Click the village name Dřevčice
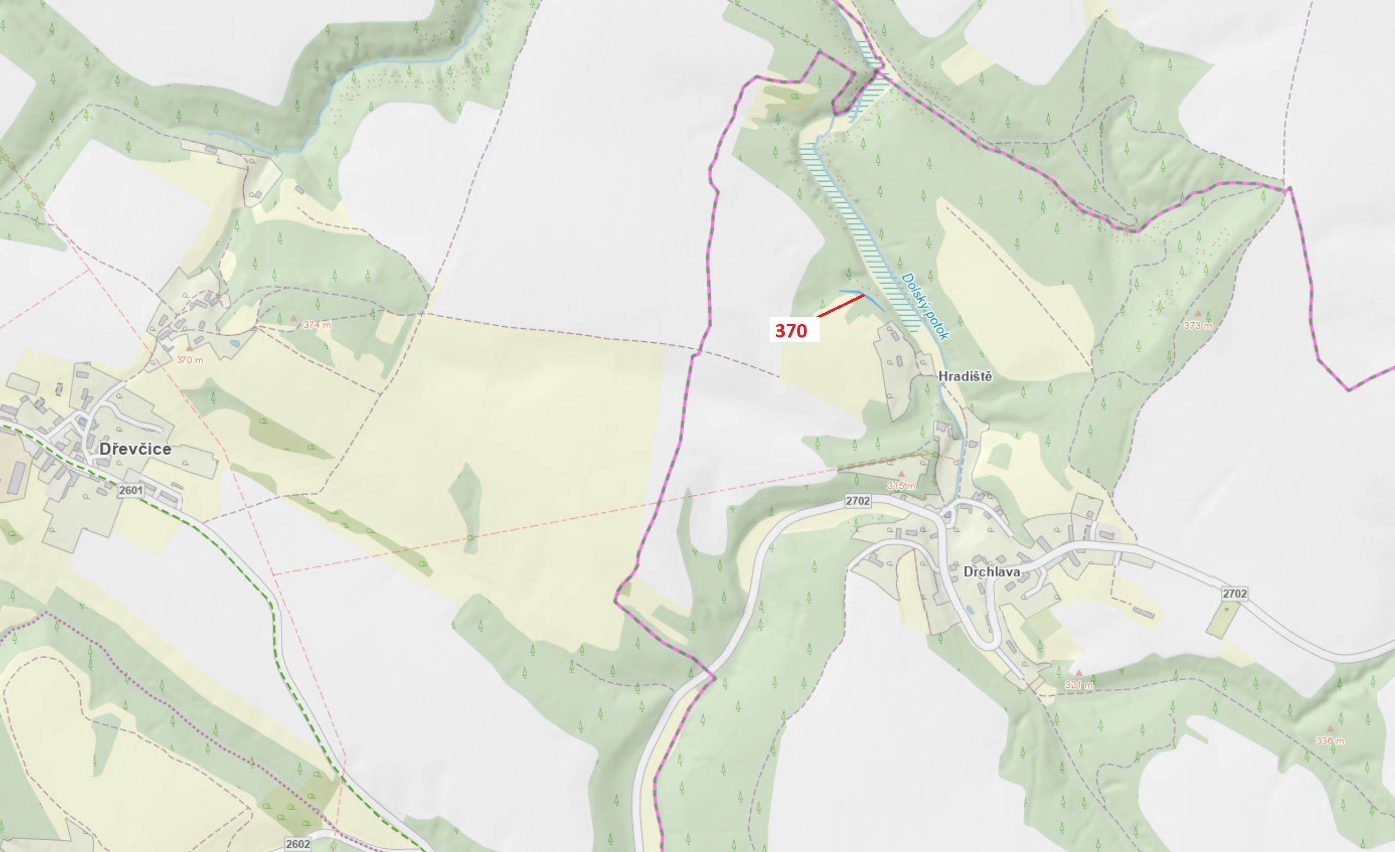coord(135,449)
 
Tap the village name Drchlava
coord(991,572)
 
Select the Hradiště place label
coord(965,376)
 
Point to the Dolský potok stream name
coord(924,306)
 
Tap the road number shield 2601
coord(131,490)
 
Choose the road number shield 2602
coord(298,844)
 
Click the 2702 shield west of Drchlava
coord(858,501)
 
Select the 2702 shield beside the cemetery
coord(1235,593)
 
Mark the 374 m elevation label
coord(317,325)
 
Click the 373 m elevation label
coord(1198,325)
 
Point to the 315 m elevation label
coord(901,486)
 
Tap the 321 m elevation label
coord(1078,685)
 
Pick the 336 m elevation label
coord(1330,740)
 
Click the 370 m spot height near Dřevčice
coord(189,360)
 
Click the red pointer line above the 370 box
coord(840,305)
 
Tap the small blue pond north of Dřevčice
coord(235,343)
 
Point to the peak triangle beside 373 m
coord(1197,313)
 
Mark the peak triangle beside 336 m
coord(1330,729)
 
